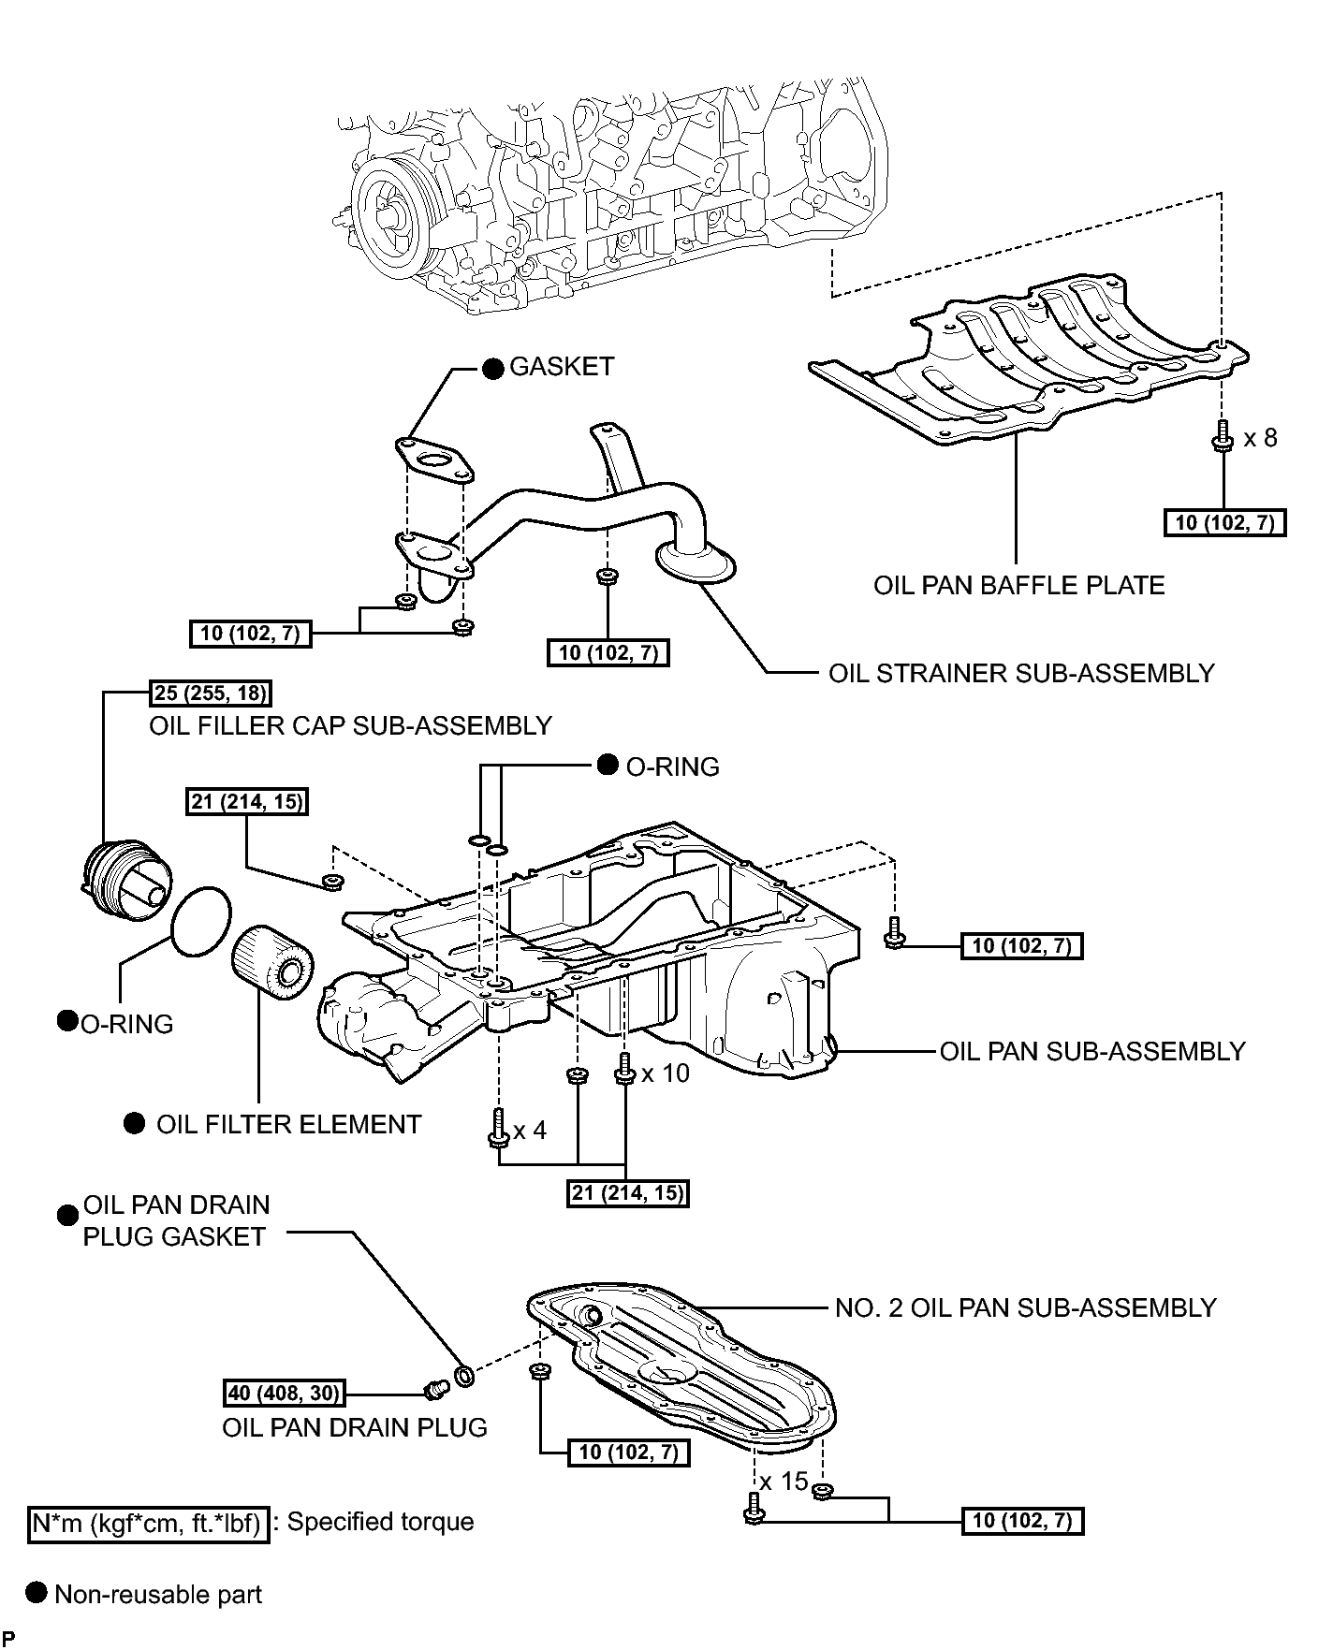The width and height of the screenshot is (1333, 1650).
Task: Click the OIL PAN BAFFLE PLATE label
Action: [1018, 586]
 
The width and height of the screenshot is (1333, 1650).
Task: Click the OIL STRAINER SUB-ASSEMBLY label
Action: [1021, 673]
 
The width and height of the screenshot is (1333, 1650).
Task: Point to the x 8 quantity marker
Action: [1260, 438]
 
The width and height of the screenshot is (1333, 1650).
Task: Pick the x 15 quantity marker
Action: [784, 1482]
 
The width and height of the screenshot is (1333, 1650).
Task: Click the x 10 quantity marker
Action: [665, 1073]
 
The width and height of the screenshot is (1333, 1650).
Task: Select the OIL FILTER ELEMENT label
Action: [288, 1124]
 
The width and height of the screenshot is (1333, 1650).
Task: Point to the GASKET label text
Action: [562, 366]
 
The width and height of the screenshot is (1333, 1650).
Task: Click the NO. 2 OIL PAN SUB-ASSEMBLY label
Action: [1025, 1307]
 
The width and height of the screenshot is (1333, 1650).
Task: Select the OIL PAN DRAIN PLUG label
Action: [355, 1427]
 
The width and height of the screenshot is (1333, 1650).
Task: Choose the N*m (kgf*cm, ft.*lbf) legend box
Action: [148, 1525]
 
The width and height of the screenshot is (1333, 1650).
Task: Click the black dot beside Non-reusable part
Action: [37, 1593]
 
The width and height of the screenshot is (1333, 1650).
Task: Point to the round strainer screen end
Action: [696, 562]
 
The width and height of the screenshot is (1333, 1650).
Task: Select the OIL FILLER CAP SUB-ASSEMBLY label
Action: [350, 725]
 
